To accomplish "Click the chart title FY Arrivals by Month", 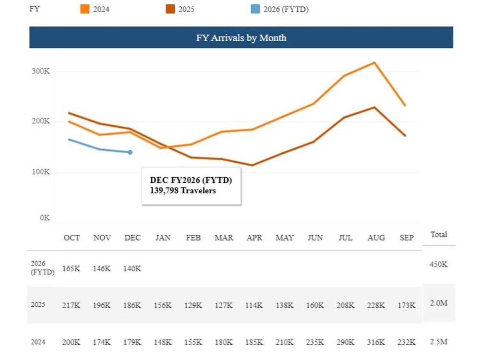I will click(x=241, y=38).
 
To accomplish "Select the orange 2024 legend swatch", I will click(x=84, y=9).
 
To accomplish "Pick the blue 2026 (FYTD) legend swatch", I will click(x=255, y=9).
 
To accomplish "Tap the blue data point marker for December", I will click(x=130, y=152).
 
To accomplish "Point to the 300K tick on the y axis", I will click(x=41, y=71).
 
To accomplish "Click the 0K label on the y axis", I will click(x=45, y=217).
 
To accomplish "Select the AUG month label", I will click(x=376, y=238).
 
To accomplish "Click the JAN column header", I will click(x=163, y=238).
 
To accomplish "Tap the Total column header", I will click(x=439, y=234).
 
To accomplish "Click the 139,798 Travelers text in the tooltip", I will click(x=183, y=191).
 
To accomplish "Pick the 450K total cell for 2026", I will click(x=439, y=264).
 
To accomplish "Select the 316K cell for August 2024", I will click(x=376, y=342).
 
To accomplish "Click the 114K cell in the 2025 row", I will click(x=254, y=305).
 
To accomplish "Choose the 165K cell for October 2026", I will click(x=72, y=268).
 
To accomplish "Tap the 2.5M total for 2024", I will click(x=439, y=341).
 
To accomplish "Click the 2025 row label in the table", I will click(x=37, y=305).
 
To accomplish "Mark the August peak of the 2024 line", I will click(x=374, y=62).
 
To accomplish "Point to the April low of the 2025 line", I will click(x=252, y=165).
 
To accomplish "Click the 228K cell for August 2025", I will click(x=376, y=305).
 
